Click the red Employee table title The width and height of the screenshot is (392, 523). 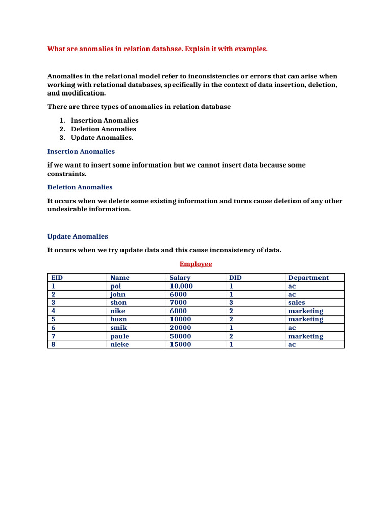click(x=195, y=264)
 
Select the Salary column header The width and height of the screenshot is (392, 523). click(x=180, y=278)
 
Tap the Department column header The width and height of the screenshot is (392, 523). click(x=308, y=278)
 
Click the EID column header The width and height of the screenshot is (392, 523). click(x=57, y=278)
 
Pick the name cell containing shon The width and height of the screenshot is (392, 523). click(x=118, y=302)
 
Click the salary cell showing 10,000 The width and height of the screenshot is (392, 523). click(x=181, y=286)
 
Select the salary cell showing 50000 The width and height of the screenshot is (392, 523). click(x=181, y=336)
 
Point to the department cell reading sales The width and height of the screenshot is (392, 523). click(x=297, y=302)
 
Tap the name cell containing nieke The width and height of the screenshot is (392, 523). click(x=120, y=344)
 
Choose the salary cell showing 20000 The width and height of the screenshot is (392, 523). click(x=181, y=327)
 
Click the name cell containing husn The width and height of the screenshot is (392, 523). click(x=118, y=319)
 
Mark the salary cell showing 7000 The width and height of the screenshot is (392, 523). click(x=179, y=302)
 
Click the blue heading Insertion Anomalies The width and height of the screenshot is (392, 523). click(x=81, y=151)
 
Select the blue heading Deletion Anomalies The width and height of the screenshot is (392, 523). click(x=80, y=187)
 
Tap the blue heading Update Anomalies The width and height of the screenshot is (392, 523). click(x=78, y=236)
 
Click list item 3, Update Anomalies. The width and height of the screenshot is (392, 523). click(x=102, y=137)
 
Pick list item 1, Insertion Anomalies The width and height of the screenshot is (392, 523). click(x=105, y=120)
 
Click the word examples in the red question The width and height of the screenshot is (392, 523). click(x=250, y=49)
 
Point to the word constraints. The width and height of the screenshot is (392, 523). click(x=66, y=174)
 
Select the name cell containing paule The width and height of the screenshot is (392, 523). click(x=120, y=336)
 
